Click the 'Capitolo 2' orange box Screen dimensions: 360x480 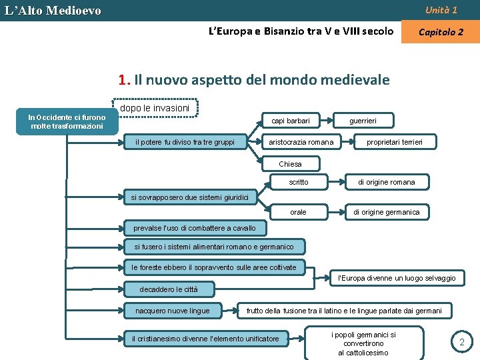[x=440, y=32]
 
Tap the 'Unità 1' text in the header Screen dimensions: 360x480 [x=441, y=10]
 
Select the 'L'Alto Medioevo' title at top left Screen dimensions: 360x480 [x=53, y=11]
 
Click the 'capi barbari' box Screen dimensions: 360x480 [x=291, y=121]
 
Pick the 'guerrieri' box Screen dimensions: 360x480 [x=364, y=121]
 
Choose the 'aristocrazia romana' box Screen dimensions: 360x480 [x=301, y=141]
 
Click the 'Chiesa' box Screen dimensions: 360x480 [x=290, y=164]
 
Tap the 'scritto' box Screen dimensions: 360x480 [x=299, y=182]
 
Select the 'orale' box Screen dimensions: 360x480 [x=299, y=212]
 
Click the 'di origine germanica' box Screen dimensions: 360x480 [x=387, y=212]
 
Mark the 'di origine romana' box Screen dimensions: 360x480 [x=387, y=182]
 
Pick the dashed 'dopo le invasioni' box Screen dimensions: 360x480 [x=155, y=108]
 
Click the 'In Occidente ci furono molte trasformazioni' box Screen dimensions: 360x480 [x=66, y=121]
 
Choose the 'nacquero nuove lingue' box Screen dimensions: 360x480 [x=173, y=311]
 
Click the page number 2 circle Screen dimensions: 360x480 [x=461, y=342]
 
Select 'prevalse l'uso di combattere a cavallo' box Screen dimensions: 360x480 [x=195, y=228]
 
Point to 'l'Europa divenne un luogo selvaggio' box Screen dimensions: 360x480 [x=397, y=278]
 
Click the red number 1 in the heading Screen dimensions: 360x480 [x=123, y=81]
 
